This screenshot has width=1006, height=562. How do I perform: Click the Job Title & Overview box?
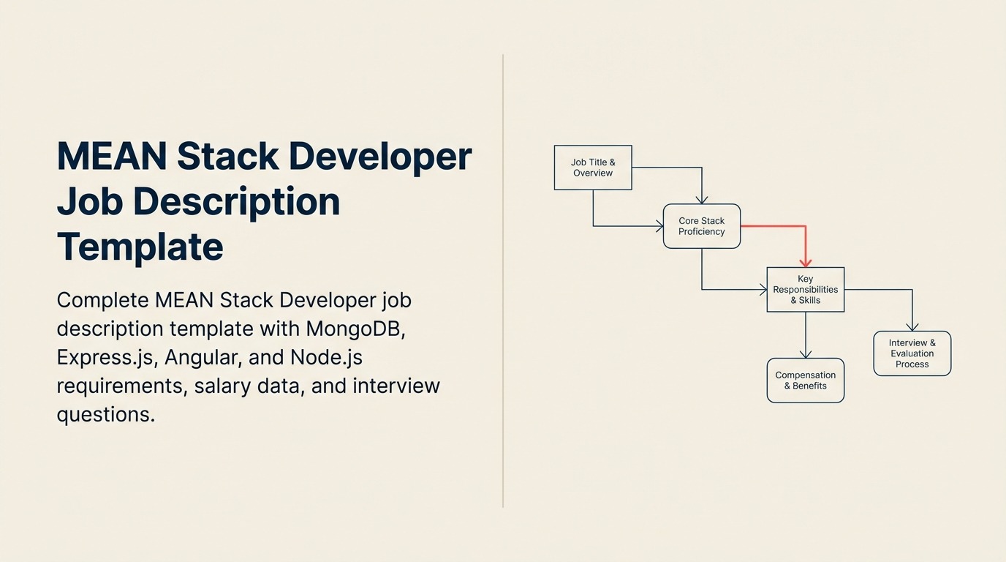(x=593, y=168)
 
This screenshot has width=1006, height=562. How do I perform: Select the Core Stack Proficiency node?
(x=702, y=226)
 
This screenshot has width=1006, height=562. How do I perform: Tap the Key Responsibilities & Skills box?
(x=806, y=289)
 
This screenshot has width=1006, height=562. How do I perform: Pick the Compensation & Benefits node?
(x=806, y=381)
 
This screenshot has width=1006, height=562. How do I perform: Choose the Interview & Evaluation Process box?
(x=912, y=353)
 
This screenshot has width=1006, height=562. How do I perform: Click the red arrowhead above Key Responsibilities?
(x=806, y=261)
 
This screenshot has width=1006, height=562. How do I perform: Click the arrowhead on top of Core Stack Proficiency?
(x=702, y=199)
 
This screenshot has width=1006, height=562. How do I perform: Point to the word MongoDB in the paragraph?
(x=355, y=329)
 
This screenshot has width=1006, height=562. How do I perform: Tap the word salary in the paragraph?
(x=221, y=386)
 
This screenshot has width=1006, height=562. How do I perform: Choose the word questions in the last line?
(x=105, y=414)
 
